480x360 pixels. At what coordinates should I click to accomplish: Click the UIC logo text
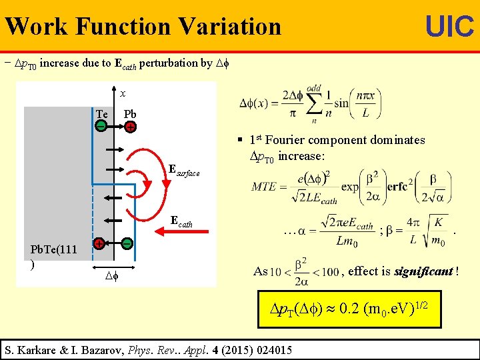tap(449, 27)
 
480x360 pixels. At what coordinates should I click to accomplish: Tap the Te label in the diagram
tap(102, 114)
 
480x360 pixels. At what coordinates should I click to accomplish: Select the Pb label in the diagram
tap(130, 114)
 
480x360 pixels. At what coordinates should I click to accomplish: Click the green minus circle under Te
tap(100, 126)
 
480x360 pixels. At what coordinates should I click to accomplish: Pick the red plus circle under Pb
tap(131, 127)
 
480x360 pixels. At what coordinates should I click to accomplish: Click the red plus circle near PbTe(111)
tap(98, 244)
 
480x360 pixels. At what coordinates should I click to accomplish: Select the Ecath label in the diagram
tap(181, 221)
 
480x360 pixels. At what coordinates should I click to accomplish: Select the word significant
tap(423, 271)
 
